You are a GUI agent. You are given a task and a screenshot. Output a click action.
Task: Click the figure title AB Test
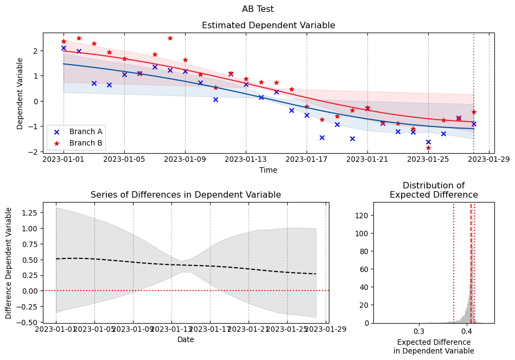coord(258,9)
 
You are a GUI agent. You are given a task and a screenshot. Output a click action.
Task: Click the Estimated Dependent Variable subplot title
coord(268,26)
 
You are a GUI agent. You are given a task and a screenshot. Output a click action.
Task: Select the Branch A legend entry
coord(86,131)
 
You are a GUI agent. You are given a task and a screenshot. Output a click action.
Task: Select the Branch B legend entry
coord(86,143)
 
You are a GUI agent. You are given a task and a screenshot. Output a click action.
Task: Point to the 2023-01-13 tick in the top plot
coord(246,160)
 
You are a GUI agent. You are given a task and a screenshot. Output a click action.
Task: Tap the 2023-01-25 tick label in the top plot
coord(428,160)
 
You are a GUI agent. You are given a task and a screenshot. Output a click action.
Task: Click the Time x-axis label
coord(268,170)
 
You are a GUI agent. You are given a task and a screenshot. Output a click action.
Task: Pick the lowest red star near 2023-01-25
coord(428,148)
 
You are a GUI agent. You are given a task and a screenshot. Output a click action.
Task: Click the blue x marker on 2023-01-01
coord(63,48)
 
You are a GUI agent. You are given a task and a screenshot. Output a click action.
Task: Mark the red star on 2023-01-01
coord(63,41)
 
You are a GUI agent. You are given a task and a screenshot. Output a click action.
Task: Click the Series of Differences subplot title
coord(186,195)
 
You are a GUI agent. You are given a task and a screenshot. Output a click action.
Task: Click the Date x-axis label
coord(186,339)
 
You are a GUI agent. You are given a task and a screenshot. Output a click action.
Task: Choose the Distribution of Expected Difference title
coord(433,190)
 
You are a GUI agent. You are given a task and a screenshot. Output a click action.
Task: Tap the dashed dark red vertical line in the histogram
coord(471,261)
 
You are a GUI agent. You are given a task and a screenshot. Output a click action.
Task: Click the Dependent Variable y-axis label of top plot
coord(20,93)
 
